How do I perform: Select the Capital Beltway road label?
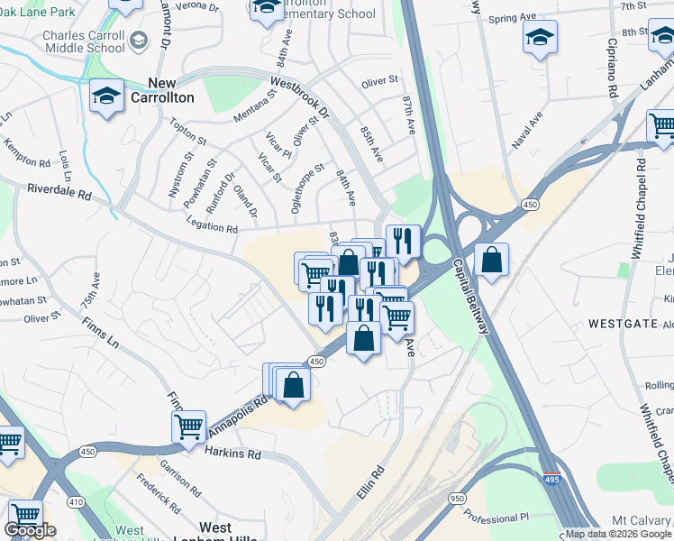471,298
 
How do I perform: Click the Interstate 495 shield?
553,478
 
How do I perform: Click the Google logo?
30,530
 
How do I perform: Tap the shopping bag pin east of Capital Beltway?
491,260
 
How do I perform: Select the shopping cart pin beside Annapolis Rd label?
189,426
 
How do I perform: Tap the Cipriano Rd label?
612,68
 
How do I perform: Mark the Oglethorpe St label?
308,187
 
